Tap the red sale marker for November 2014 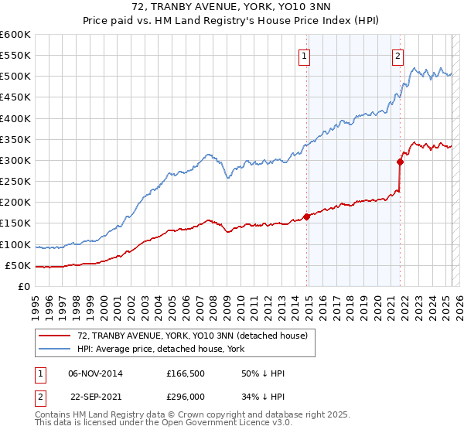pyautogui.click(x=307, y=216)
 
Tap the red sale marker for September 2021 pyautogui.click(x=401, y=162)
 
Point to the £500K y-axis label pyautogui.click(x=15, y=77)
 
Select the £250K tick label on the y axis pyautogui.click(x=15, y=182)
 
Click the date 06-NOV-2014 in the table pyautogui.click(x=95, y=373)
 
